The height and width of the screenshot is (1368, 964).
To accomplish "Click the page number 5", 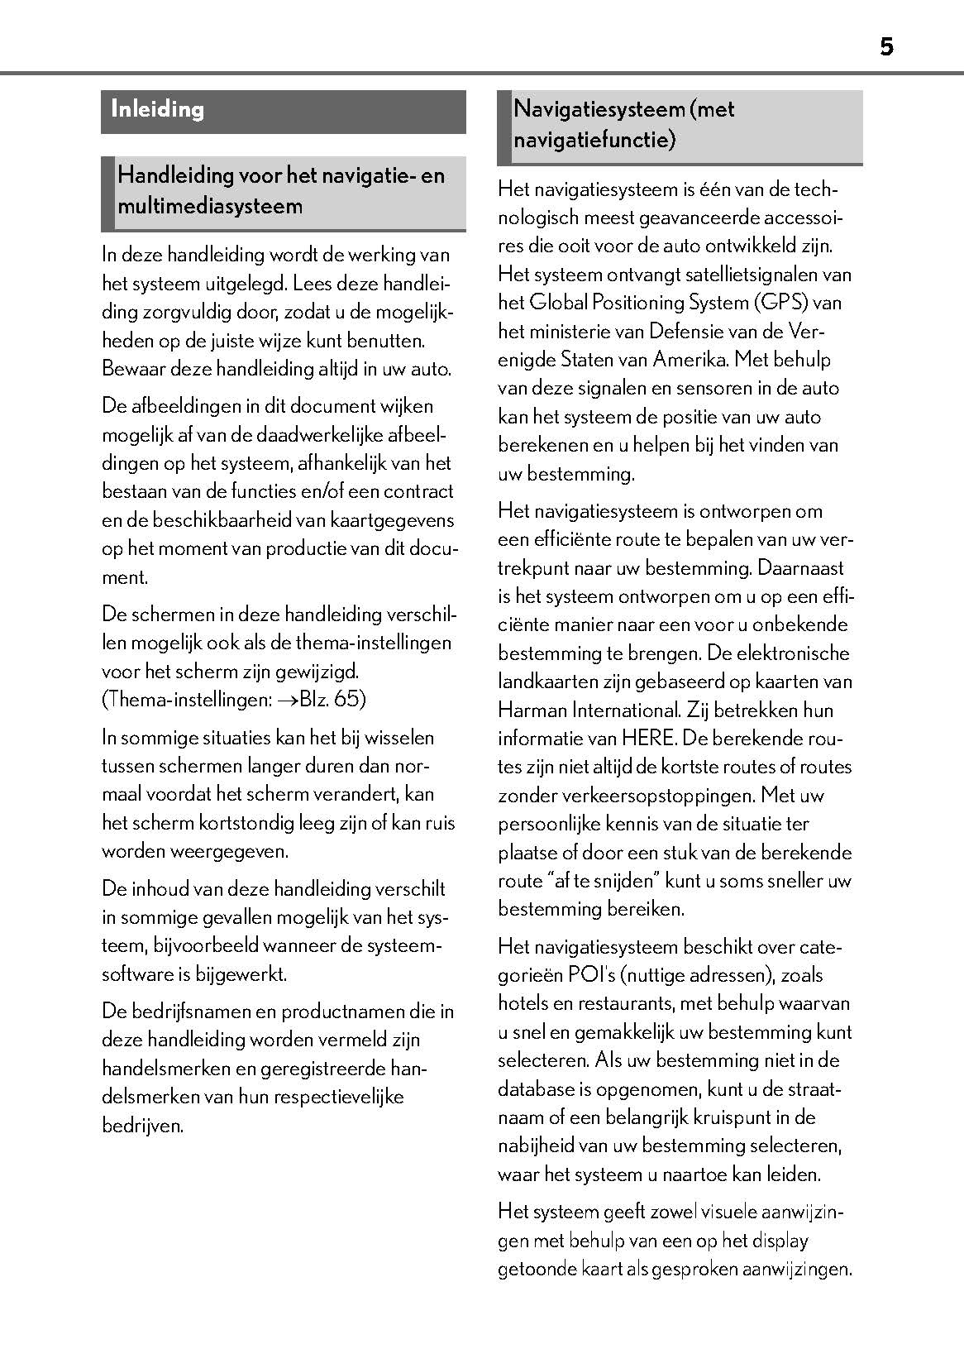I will coord(886,47).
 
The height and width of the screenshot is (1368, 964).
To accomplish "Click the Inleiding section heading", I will coord(157,109).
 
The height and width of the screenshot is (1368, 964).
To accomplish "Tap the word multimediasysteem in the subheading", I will coord(210,206).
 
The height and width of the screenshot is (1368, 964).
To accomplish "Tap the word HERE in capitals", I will coord(647,739).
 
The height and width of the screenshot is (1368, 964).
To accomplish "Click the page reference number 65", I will coord(349,700).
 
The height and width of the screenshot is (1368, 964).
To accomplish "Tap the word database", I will coord(533,1089).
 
